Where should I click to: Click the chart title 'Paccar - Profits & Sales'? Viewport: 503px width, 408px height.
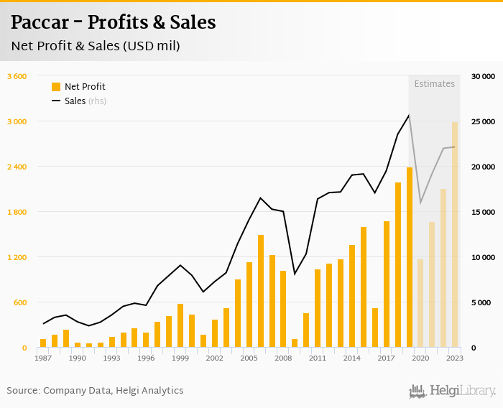(113, 22)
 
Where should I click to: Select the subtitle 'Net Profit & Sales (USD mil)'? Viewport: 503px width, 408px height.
(95, 46)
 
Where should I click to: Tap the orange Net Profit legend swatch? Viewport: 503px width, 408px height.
(56, 87)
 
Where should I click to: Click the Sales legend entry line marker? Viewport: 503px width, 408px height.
(56, 101)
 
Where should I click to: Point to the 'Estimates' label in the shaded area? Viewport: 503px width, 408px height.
(434, 84)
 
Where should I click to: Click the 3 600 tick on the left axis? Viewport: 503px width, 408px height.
(17, 76)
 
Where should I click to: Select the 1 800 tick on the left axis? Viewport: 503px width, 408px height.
(17, 212)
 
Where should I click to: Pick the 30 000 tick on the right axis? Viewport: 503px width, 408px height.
(483, 76)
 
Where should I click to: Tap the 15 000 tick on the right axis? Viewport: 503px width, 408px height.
(483, 212)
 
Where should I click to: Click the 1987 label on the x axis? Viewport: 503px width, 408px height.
(42, 358)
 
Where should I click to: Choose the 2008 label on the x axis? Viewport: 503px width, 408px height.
(282, 358)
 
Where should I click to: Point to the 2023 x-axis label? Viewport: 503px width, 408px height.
(454, 358)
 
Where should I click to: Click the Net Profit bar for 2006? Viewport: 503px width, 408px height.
(260, 291)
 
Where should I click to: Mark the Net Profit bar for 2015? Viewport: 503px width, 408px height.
(363, 287)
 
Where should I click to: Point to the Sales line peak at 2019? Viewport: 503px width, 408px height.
(409, 115)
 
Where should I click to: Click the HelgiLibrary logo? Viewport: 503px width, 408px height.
(452, 391)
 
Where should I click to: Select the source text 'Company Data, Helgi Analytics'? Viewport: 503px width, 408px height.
(114, 391)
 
